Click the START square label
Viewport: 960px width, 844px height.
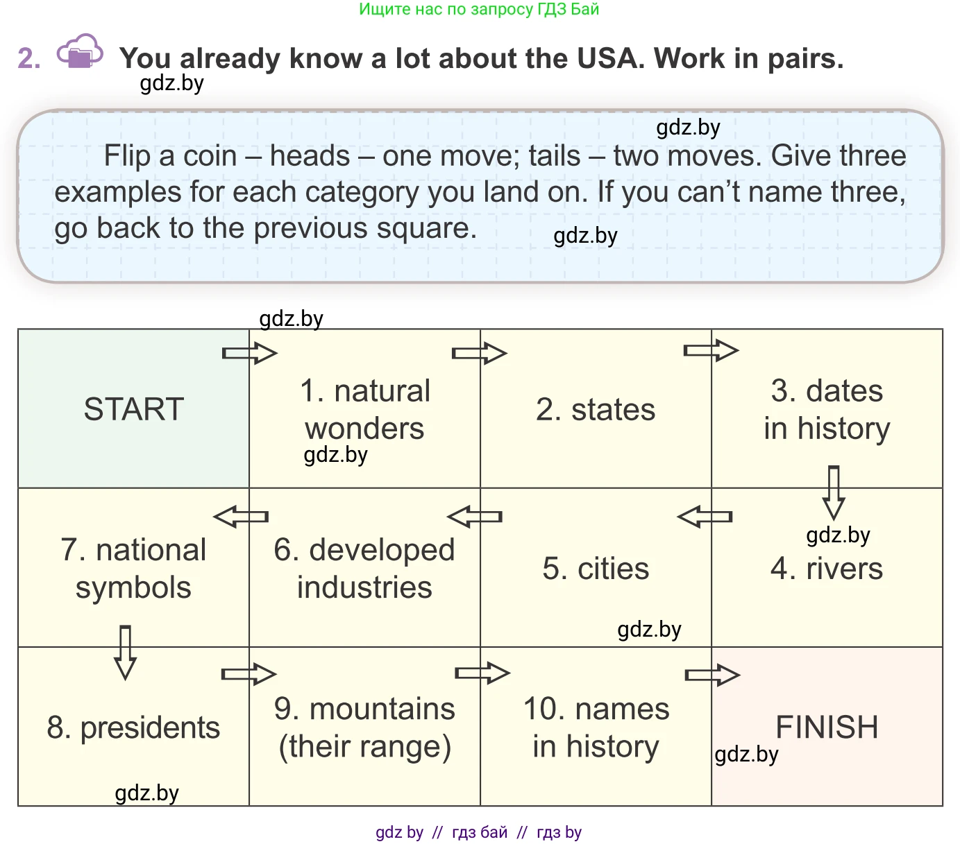click(x=133, y=409)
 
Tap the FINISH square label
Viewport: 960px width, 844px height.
click(x=827, y=727)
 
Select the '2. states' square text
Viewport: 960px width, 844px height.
click(x=596, y=410)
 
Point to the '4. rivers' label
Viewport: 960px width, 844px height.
click(x=827, y=569)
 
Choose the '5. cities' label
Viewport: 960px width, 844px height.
click(x=596, y=569)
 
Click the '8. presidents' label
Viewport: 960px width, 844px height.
click(x=133, y=727)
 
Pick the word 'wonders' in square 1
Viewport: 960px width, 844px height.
click(x=364, y=429)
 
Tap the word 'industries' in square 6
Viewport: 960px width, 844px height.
click(x=364, y=587)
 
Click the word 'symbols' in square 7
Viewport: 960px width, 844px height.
click(x=133, y=587)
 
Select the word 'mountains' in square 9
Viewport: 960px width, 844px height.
click(x=382, y=709)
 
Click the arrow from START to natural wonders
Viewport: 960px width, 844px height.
click(x=249, y=353)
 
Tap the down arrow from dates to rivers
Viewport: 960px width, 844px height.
click(x=834, y=492)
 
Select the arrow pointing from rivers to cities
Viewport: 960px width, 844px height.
click(x=705, y=517)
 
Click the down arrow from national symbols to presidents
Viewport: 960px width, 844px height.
click(x=125, y=653)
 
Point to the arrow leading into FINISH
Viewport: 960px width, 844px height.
click(x=712, y=675)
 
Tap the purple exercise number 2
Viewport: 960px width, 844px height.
click(x=28, y=59)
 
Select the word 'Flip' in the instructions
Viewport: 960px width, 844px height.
click(x=127, y=156)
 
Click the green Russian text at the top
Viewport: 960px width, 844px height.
click(x=479, y=9)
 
